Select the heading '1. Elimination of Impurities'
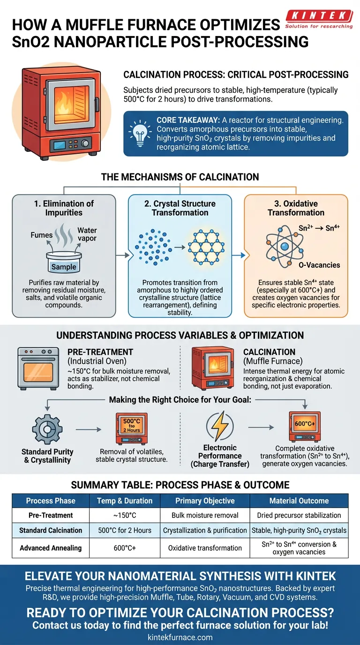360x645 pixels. click(64, 208)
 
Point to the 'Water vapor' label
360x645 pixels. click(87, 234)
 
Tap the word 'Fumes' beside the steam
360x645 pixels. click(42, 235)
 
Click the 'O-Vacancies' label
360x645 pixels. click(319, 265)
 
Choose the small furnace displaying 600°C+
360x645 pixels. click(305, 427)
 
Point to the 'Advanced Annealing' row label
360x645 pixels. click(51, 548)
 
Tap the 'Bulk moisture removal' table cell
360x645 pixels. click(205, 515)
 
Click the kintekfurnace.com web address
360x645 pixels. click(180, 637)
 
